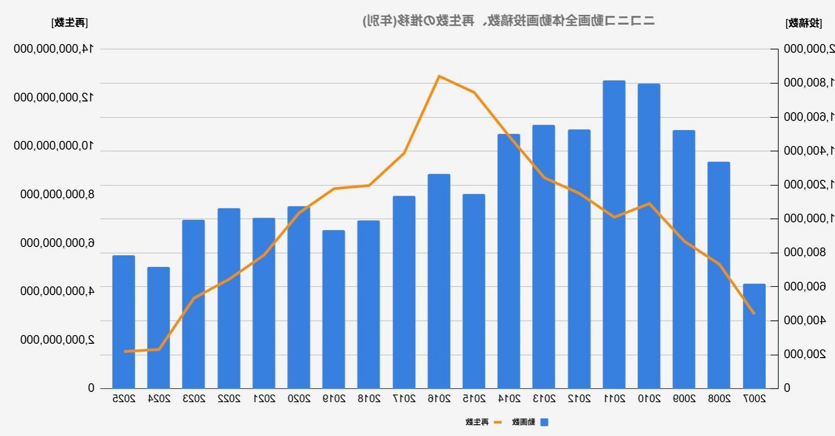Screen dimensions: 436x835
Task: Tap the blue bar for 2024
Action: [158, 327]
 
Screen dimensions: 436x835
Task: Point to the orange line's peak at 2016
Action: [439, 76]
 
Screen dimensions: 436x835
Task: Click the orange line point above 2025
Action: [124, 351]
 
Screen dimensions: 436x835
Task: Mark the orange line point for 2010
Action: [649, 203]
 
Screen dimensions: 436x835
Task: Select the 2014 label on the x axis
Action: [509, 399]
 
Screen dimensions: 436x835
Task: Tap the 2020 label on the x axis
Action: [299, 399]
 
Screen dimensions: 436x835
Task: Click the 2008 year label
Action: [719, 399]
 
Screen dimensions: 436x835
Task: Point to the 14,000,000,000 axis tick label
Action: [53, 49]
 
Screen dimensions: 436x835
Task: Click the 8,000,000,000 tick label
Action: [57, 194]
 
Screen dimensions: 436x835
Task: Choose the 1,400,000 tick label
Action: [809, 151]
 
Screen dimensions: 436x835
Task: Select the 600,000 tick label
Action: [805, 286]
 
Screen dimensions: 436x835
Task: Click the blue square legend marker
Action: [544, 422]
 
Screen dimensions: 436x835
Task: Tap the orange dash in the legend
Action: [497, 422]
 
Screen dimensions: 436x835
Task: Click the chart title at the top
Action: [508, 21]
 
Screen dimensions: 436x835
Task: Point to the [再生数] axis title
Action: [70, 23]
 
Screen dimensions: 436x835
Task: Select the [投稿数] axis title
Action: [803, 23]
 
